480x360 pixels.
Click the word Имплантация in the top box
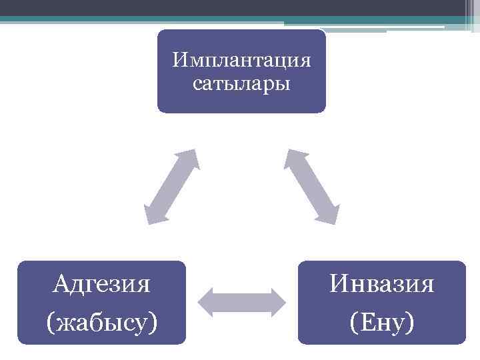pos(241,61)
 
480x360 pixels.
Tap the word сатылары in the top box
pos(241,84)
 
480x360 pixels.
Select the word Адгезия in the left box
pos(101,285)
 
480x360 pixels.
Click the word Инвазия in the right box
pos(382,285)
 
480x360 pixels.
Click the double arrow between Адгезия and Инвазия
pos(243,302)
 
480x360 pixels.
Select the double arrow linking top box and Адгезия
pos(171,185)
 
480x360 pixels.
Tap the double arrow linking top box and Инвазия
pos(312,186)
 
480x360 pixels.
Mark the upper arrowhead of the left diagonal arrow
pos(191,157)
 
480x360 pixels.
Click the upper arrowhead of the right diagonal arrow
pos(293,157)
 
